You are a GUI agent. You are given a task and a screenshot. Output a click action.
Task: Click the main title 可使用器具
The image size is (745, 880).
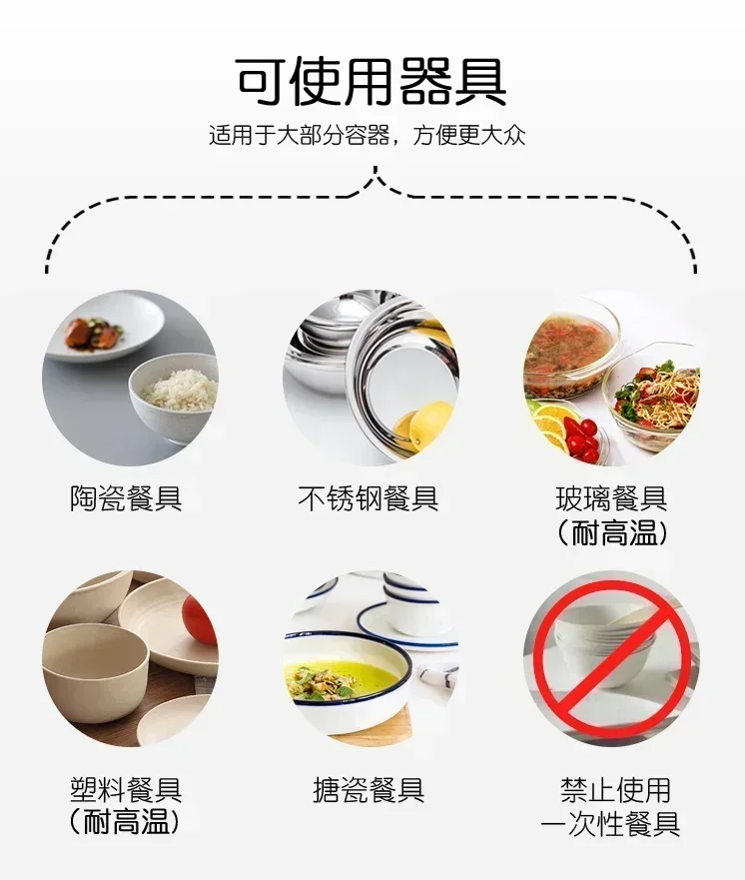(372, 81)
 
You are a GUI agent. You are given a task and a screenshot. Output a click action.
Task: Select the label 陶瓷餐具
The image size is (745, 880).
(126, 498)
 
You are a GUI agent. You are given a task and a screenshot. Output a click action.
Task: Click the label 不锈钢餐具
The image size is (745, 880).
(369, 498)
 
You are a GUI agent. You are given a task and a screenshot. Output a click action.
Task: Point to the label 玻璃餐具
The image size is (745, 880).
(611, 498)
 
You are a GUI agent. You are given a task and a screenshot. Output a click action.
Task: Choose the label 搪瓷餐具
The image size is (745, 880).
(369, 791)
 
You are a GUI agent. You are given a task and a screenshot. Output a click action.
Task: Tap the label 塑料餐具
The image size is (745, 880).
(126, 791)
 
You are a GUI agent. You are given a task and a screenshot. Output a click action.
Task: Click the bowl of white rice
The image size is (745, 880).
(179, 392)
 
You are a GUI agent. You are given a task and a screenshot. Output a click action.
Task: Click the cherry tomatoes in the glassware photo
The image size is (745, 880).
(584, 440)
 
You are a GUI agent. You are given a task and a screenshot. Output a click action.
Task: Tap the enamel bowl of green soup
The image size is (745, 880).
(345, 674)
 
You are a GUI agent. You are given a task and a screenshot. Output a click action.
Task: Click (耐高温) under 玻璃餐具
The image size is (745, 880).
(611, 532)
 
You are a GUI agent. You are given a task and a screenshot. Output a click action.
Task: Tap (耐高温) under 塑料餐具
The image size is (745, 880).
(126, 824)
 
